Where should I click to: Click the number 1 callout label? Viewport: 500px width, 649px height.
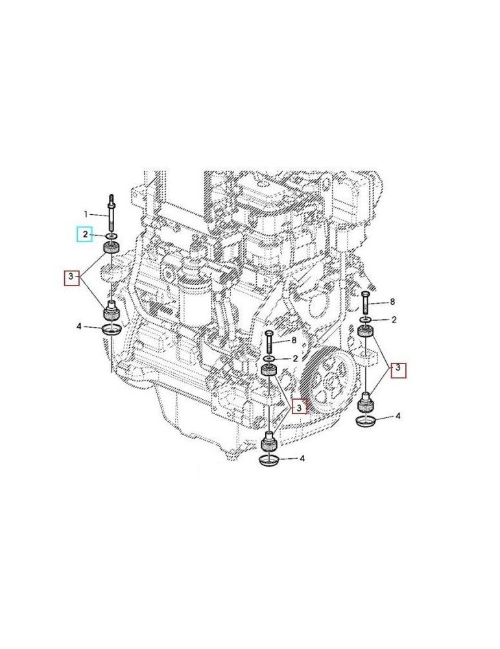[85, 214]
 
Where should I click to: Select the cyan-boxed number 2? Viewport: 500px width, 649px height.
[85, 234]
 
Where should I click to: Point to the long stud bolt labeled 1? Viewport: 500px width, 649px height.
[112, 211]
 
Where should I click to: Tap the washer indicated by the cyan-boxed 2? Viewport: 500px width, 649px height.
[112, 235]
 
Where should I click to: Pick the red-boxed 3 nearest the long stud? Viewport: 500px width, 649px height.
[71, 279]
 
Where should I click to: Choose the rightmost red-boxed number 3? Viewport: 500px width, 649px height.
[400, 370]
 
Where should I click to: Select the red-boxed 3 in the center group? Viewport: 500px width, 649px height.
[299, 408]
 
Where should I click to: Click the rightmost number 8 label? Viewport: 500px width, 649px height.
[392, 302]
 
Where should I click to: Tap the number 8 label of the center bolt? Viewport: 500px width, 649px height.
[294, 339]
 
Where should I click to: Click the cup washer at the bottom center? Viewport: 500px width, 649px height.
[268, 460]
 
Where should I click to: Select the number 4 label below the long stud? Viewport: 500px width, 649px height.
[79, 326]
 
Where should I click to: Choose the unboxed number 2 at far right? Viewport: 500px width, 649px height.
[393, 320]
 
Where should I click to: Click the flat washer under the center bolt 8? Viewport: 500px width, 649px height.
[268, 359]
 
